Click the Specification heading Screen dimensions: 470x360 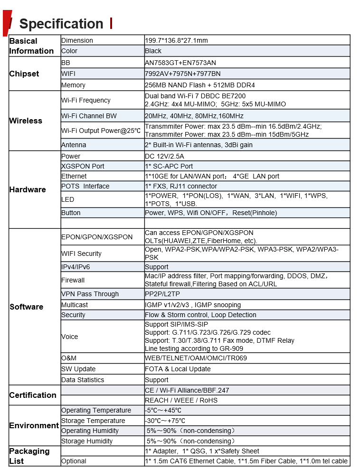(61, 24)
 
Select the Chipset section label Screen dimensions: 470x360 (24, 74)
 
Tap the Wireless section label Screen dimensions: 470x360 (26, 121)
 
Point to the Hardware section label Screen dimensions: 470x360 (28, 189)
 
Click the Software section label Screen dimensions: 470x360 (27, 307)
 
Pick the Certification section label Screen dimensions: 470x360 (33, 395)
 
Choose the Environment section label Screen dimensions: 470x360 (34, 425)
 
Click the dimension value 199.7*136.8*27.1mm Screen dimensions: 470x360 (176, 40)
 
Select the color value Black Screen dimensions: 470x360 (153, 51)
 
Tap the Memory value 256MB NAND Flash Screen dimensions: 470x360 (199, 85)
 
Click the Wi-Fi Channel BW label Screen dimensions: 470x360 (89, 116)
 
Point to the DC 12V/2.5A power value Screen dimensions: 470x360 (164, 156)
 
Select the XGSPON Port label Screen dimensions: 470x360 (83, 166)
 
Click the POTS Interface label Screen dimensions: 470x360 (85, 186)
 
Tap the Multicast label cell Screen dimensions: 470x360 (75, 305)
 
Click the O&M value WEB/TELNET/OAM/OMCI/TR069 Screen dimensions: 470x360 (196, 358)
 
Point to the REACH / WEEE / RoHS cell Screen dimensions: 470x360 (181, 400)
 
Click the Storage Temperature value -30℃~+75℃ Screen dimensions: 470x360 (165, 421)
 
